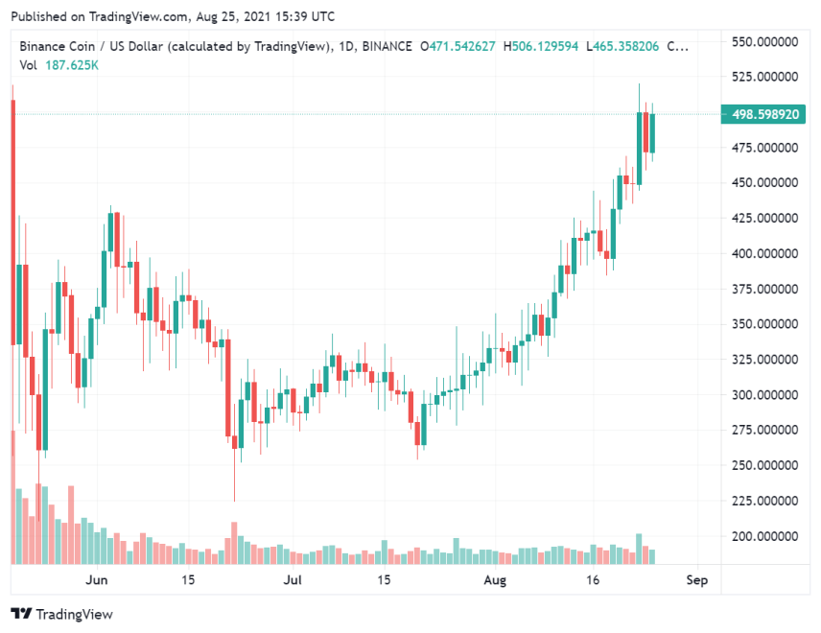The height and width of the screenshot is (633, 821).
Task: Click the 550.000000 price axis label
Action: [x=765, y=42]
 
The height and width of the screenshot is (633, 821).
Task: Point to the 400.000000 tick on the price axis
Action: [x=765, y=254]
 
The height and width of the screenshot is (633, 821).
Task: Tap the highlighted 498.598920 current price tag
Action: [x=765, y=114]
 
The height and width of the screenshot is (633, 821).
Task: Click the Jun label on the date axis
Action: [x=96, y=580]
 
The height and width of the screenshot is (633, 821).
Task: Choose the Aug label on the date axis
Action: [x=494, y=580]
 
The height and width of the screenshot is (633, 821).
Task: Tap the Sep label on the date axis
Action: [x=697, y=580]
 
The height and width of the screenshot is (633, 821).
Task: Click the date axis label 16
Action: [x=594, y=580]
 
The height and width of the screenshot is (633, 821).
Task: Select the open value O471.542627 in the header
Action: [x=457, y=46]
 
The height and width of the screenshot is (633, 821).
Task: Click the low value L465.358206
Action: [x=623, y=46]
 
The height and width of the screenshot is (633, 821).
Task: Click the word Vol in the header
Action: [x=30, y=63]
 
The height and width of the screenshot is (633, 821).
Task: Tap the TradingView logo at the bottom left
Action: [x=61, y=614]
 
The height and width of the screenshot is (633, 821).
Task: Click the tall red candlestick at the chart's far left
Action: [x=12, y=221]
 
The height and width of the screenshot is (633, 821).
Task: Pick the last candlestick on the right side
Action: [x=652, y=133]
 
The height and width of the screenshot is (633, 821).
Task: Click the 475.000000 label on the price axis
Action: [x=765, y=148]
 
